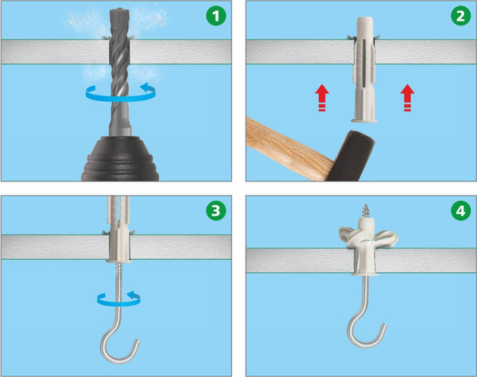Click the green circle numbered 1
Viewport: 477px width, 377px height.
click(216, 16)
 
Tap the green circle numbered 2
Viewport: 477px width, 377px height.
click(461, 16)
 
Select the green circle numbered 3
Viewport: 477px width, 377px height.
click(216, 211)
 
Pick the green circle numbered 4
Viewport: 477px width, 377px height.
click(461, 211)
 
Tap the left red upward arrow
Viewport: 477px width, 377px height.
click(322, 98)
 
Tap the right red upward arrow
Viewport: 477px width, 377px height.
click(407, 98)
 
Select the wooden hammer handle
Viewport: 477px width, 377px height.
click(289, 149)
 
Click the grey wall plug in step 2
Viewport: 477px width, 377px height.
click(364, 69)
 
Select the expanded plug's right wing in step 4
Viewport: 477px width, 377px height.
click(386, 238)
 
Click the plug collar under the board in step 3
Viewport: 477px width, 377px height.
click(119, 261)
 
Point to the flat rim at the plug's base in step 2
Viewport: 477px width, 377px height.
click(364, 121)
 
